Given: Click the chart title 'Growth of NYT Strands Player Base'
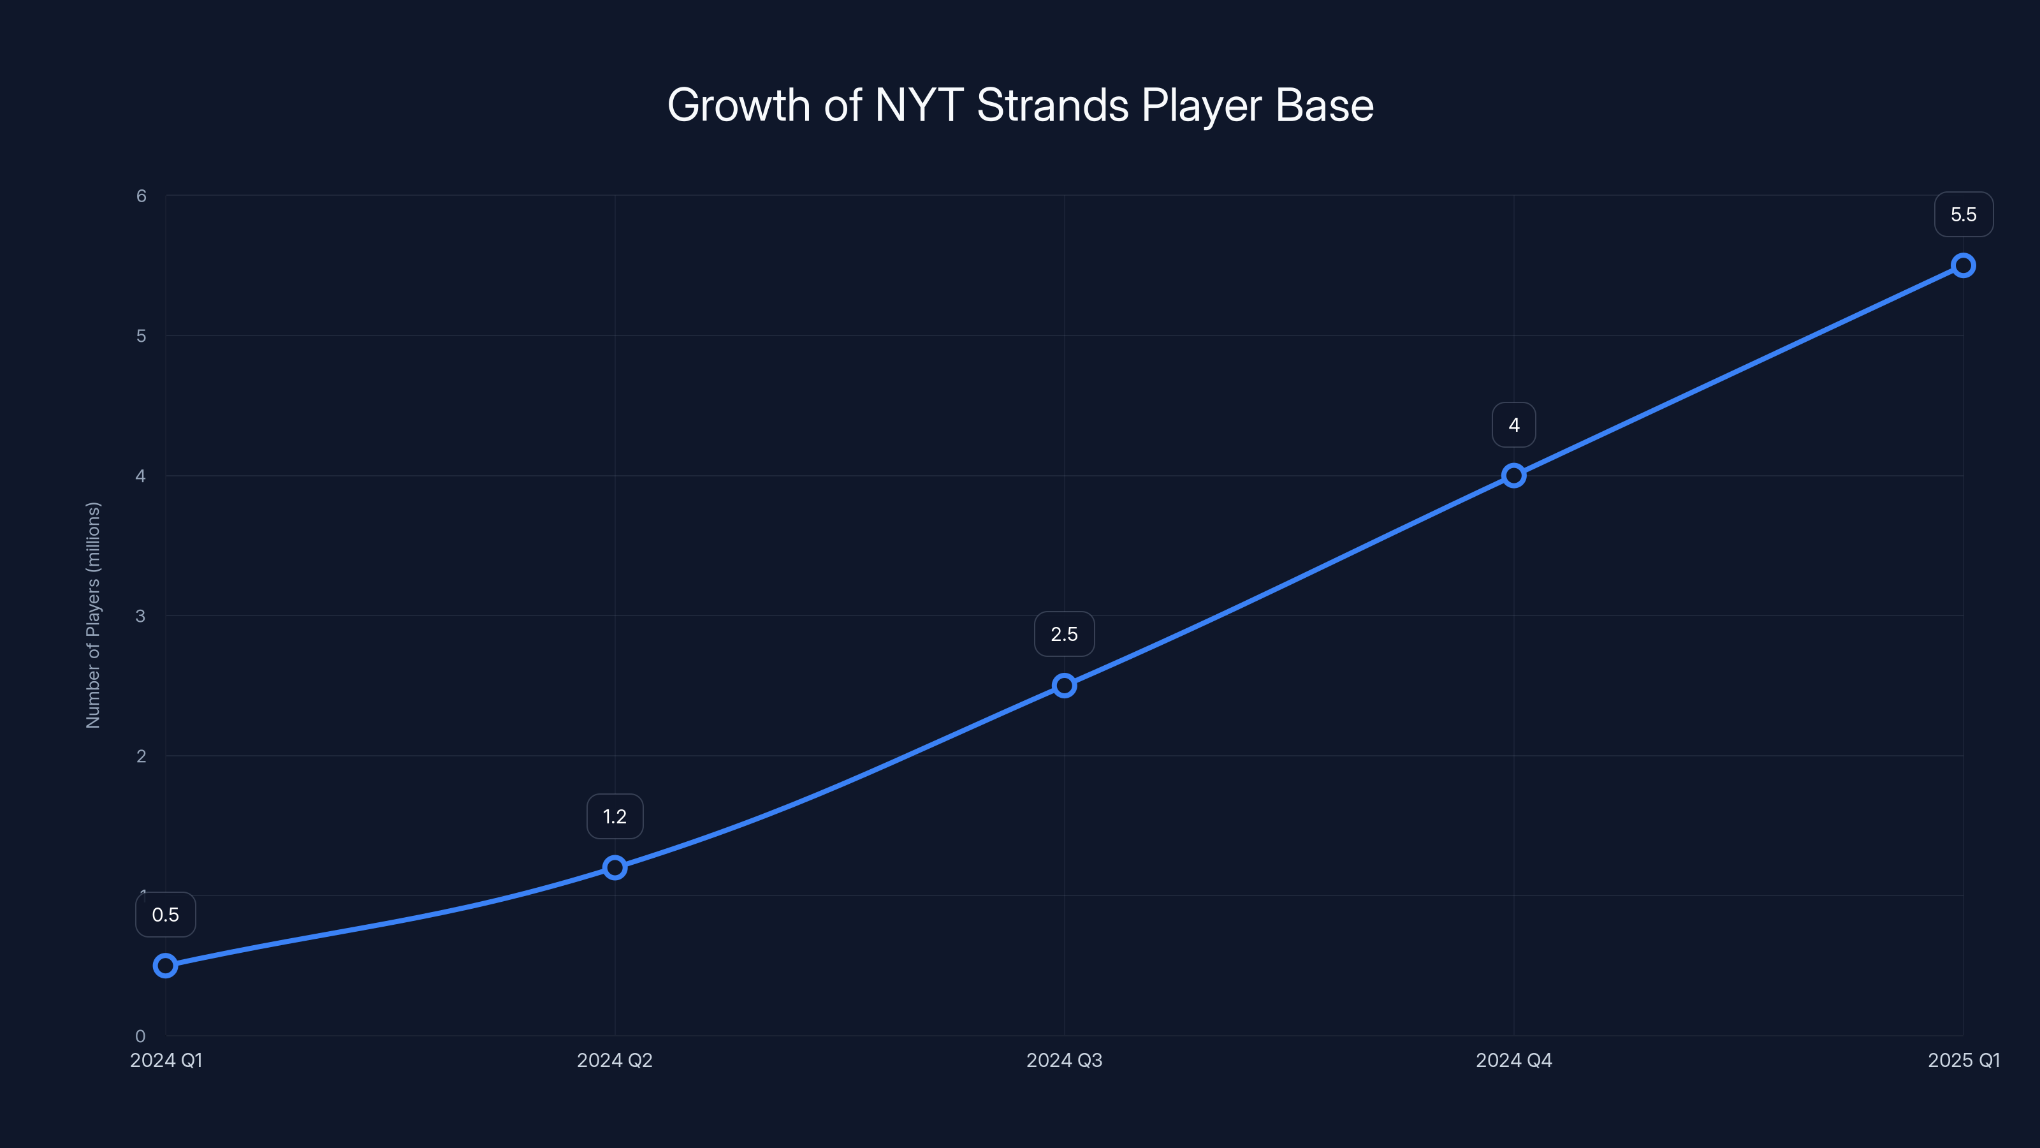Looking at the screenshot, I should (x=1020, y=105).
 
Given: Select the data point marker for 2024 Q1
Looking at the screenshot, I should (x=166, y=965).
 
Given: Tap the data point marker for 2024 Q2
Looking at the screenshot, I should (x=615, y=867).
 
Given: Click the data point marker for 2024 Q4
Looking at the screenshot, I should (x=1513, y=475).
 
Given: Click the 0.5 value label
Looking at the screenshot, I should (x=166, y=915).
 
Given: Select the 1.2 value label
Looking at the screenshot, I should (x=615, y=817).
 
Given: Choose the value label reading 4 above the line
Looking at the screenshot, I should (x=1513, y=425).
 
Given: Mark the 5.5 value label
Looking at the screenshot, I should (x=1963, y=215).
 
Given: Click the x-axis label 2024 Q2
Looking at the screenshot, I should (x=615, y=1060).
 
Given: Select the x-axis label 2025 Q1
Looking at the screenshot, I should (x=1963, y=1060).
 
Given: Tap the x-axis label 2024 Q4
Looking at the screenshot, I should (x=1513, y=1060).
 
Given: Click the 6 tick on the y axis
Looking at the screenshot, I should (x=141, y=196).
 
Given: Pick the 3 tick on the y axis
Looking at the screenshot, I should (x=141, y=615).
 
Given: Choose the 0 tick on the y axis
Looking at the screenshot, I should (x=141, y=1036).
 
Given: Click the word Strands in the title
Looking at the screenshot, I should (x=1053, y=105).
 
